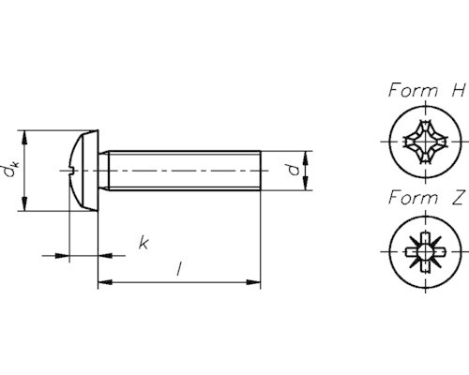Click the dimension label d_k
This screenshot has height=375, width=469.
pyautogui.click(x=11, y=171)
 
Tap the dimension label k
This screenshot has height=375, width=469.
pyautogui.click(x=143, y=244)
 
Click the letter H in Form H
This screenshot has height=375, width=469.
pyautogui.click(x=459, y=92)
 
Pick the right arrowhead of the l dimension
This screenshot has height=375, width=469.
pyautogui.click(x=253, y=280)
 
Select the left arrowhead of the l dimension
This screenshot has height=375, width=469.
pyautogui.click(x=104, y=280)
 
